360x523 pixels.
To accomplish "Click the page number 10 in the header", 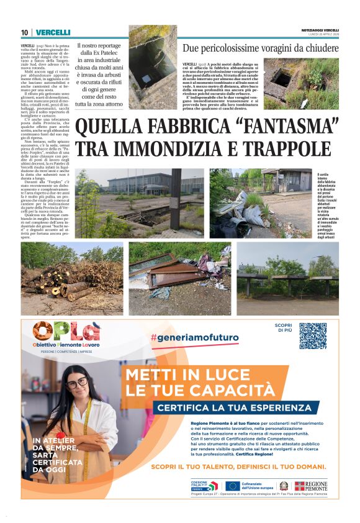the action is [24, 32].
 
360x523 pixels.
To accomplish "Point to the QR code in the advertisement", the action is [312, 335].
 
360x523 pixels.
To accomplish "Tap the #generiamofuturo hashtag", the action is [194, 337].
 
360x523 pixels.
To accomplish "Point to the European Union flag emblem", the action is [233, 486].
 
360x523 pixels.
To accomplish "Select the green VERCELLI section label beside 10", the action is [53, 32].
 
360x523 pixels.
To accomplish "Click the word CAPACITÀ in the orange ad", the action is [221, 389].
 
